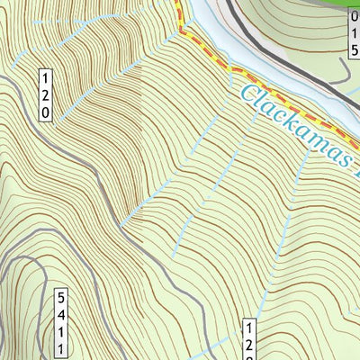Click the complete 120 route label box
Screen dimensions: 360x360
[45, 94]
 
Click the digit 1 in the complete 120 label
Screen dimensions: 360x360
[45, 77]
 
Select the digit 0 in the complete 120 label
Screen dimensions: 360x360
[45, 112]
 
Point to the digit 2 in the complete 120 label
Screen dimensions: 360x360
[45, 94]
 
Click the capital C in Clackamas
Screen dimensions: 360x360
[251, 92]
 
